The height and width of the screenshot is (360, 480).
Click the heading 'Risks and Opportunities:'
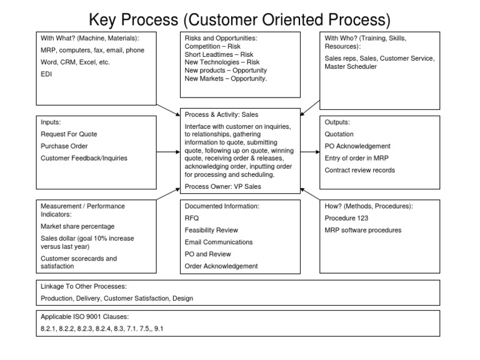(221, 39)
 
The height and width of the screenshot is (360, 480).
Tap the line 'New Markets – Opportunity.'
(226, 79)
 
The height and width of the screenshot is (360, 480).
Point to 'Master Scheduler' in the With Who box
(351, 67)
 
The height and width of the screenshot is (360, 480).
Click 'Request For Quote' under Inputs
(69, 134)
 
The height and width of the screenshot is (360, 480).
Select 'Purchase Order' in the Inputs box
(64, 146)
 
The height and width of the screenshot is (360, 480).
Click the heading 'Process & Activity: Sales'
(221, 115)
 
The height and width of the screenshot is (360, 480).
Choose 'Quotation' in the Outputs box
(339, 134)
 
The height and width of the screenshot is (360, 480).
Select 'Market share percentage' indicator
(77, 226)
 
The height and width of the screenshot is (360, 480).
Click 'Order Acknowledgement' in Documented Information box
(221, 266)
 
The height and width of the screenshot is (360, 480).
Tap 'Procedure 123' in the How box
(346, 218)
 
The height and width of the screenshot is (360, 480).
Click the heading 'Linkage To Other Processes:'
(84, 286)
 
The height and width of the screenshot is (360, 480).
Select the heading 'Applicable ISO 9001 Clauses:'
(86, 316)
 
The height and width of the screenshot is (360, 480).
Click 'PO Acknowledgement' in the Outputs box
(357, 146)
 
